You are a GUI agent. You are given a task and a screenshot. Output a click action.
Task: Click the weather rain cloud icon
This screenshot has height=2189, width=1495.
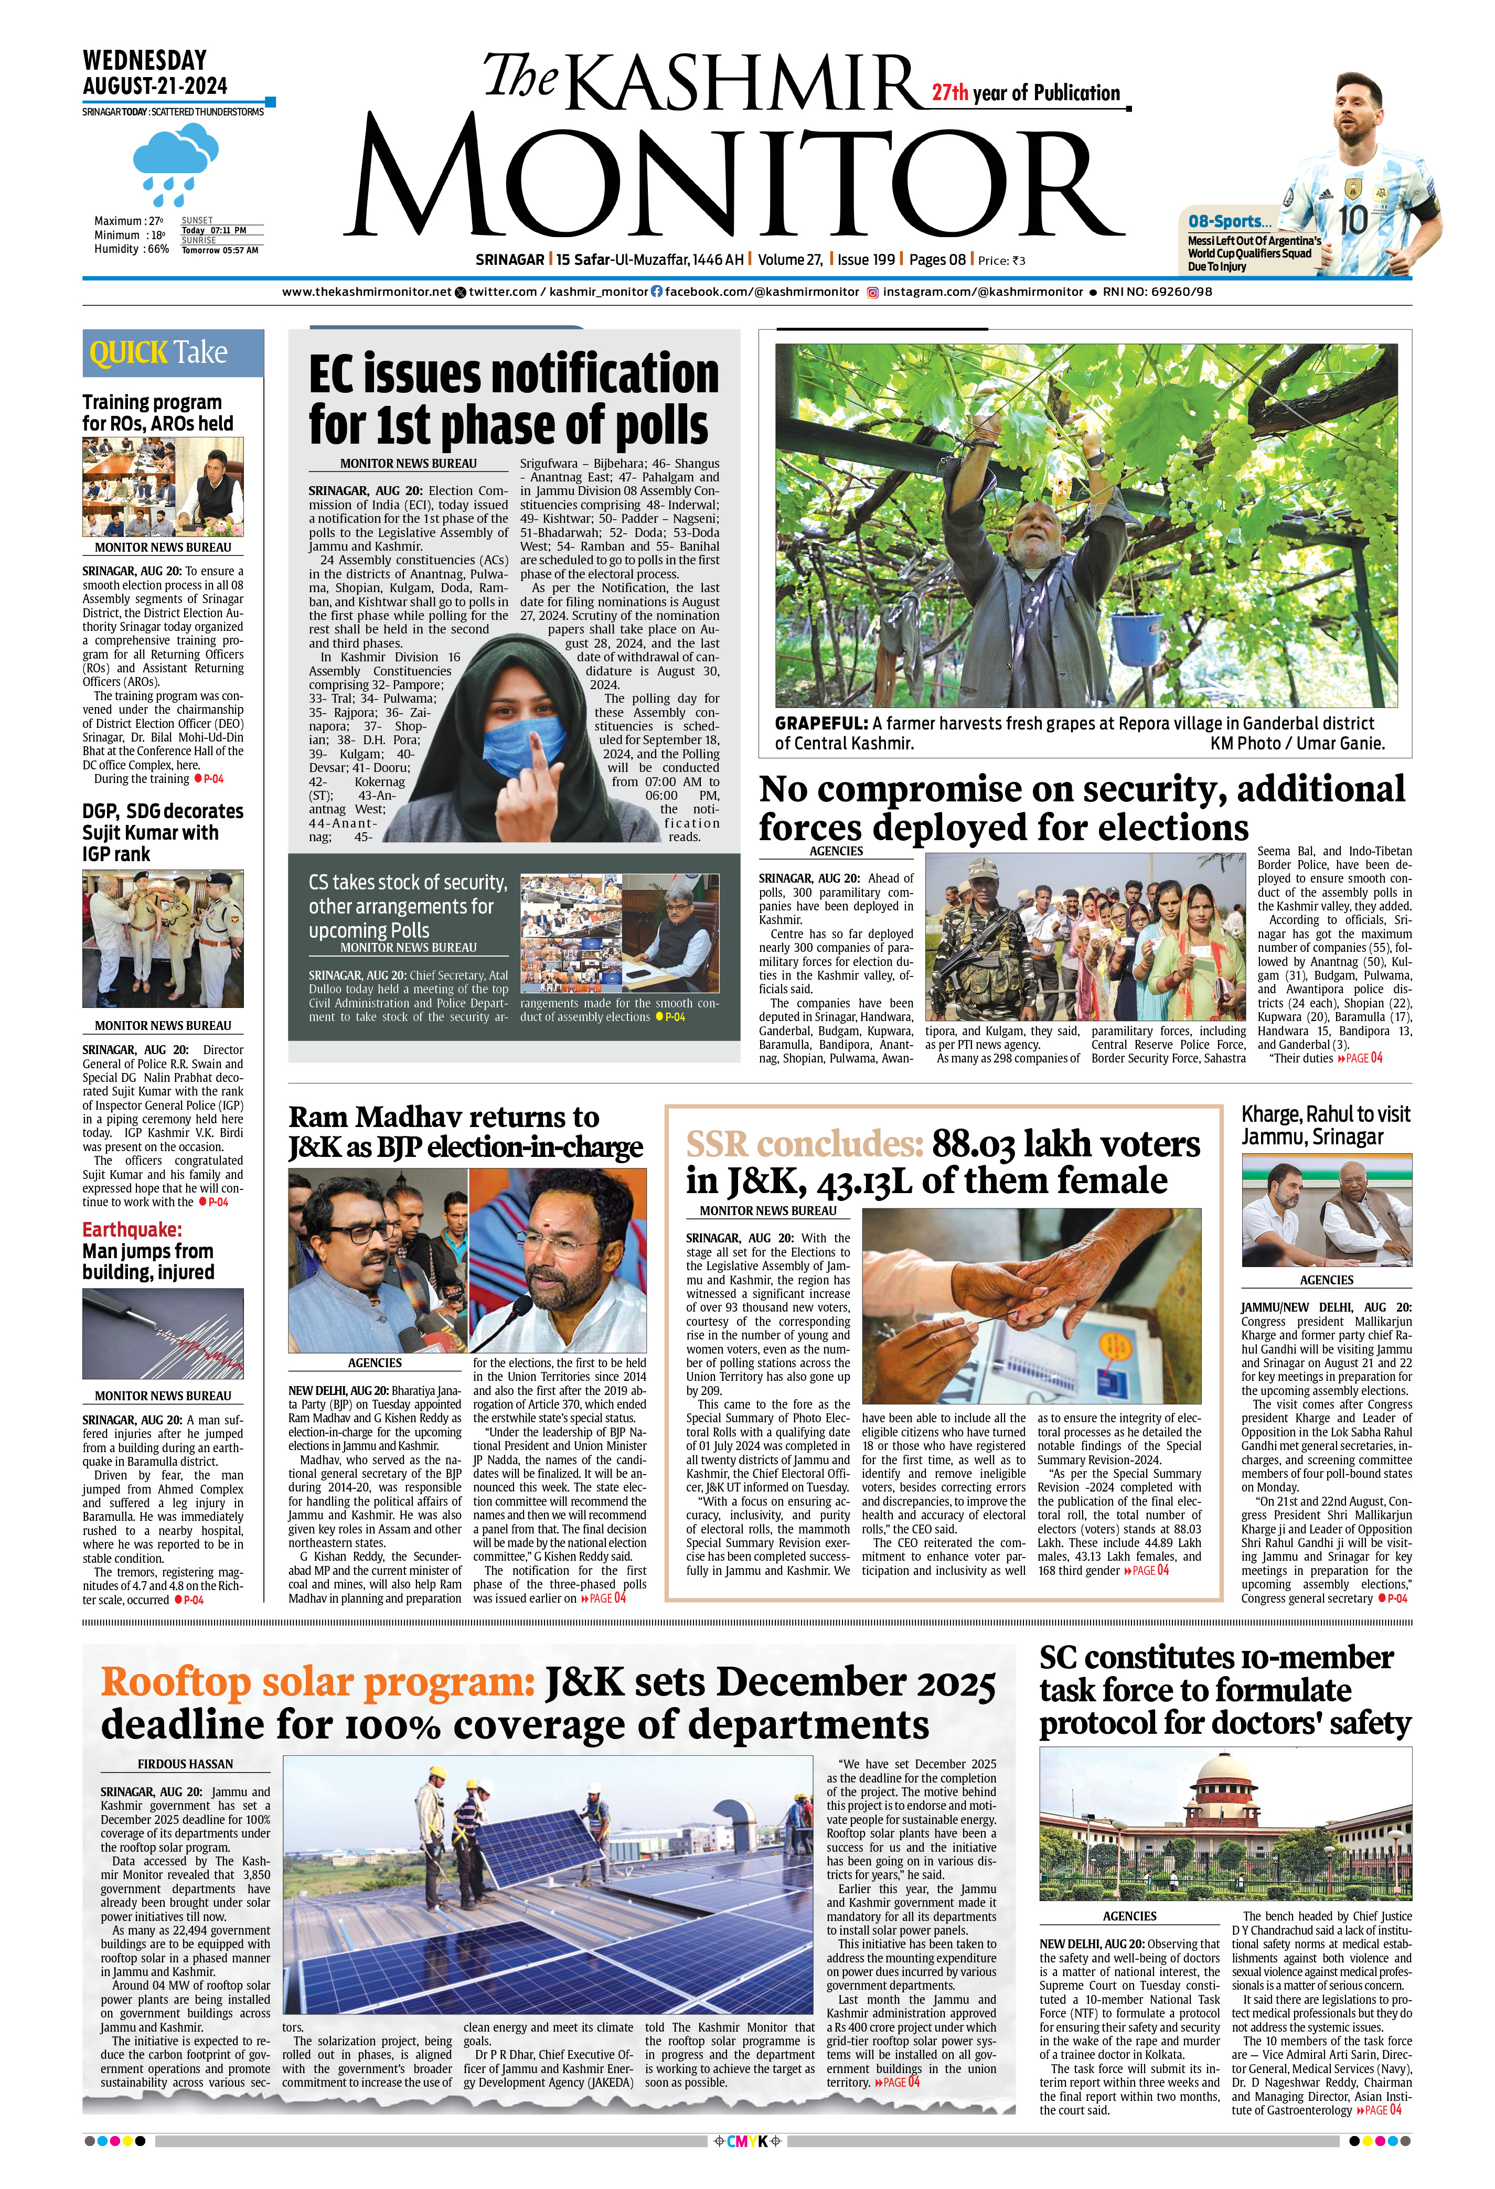pyautogui.click(x=175, y=162)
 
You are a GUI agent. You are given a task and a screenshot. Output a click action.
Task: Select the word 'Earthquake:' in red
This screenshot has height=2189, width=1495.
pyautogui.click(x=132, y=1229)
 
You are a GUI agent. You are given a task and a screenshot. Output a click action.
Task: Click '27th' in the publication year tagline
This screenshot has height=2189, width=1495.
pyautogui.click(x=949, y=93)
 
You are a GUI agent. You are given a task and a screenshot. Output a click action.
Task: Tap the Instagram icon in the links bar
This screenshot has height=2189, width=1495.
pyautogui.click(x=872, y=292)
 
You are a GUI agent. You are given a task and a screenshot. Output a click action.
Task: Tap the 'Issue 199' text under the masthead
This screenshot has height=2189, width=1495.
pyautogui.click(x=866, y=260)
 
